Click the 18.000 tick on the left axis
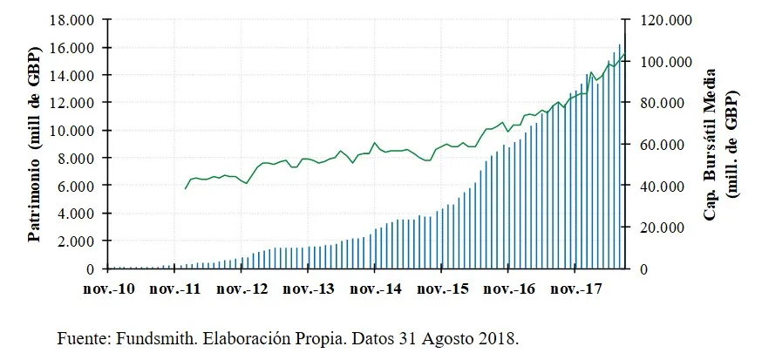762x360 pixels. pyautogui.click(x=70, y=19)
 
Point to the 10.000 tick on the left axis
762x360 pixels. pyautogui.click(x=70, y=130)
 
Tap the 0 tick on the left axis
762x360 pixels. pyautogui.click(x=90, y=268)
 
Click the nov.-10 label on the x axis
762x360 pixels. pyautogui.click(x=108, y=288)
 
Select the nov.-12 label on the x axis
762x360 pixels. pyautogui.click(x=241, y=288)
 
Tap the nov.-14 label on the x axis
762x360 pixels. pyautogui.click(x=374, y=288)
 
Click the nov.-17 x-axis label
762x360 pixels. pyautogui.click(x=575, y=288)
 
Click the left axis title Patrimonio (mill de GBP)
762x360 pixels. pyautogui.click(x=36, y=143)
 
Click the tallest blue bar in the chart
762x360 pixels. pyautogui.click(x=619, y=157)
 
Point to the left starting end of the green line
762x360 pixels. pyautogui.click(x=185, y=188)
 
